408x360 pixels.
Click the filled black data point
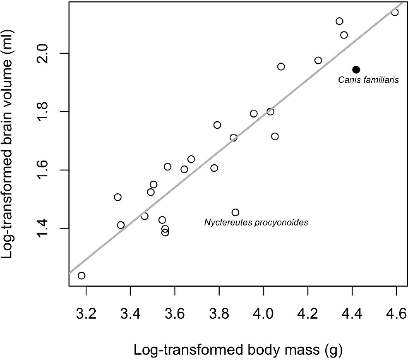point(356,70)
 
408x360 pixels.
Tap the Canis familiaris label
point(368,80)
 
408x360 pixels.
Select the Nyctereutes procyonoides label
point(256,223)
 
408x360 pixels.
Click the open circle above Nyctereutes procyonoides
point(235,212)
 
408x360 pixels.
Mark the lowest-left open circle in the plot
point(81,276)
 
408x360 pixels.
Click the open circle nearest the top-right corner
point(395,12)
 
